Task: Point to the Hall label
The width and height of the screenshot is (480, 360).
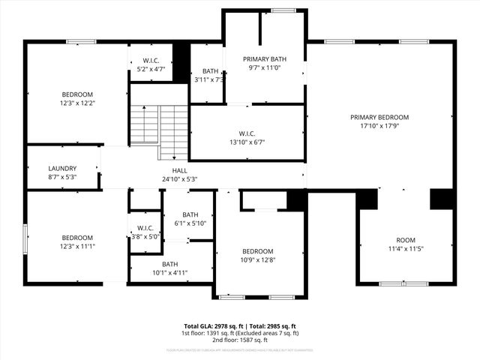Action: point(179,170)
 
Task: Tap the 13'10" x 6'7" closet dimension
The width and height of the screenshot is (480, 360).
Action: point(247,142)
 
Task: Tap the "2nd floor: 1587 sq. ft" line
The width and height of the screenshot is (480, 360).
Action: point(240,340)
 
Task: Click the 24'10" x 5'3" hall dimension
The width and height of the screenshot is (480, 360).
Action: point(179,178)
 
